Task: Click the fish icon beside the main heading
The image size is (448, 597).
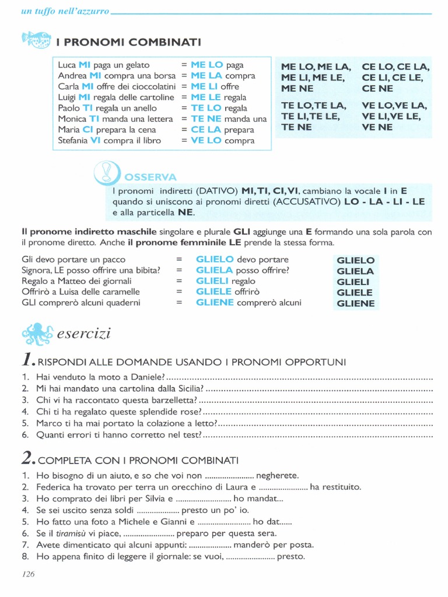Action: tap(36, 40)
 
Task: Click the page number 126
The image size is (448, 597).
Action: tap(29, 574)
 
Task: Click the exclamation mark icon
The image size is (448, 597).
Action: tap(106, 172)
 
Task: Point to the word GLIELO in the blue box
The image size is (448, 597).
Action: tap(355, 260)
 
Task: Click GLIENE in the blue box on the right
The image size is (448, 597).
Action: tap(355, 303)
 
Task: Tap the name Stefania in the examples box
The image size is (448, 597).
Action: tap(73, 141)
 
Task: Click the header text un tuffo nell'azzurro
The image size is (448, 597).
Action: tap(65, 12)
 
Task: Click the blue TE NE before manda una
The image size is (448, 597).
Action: tap(206, 119)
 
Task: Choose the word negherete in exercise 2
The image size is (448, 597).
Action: tap(277, 475)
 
